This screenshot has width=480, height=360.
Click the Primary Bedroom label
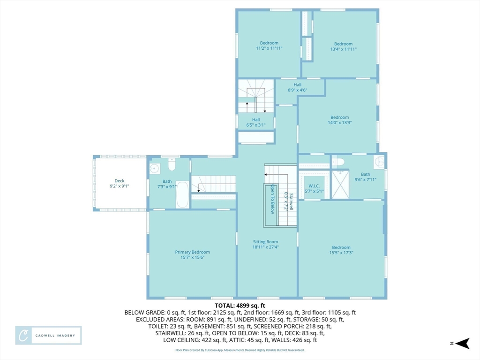tap(193, 252)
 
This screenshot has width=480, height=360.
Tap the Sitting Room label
tap(265, 242)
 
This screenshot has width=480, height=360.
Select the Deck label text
tap(120, 181)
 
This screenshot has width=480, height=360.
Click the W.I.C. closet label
tap(314, 186)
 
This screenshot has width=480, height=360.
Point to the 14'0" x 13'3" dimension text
tap(340, 123)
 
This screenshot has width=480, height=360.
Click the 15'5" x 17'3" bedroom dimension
tap(341, 253)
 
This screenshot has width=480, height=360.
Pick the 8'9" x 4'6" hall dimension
tap(298, 90)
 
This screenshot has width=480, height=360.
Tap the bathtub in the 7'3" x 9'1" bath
tap(182, 195)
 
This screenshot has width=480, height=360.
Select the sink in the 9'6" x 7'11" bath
tap(379, 161)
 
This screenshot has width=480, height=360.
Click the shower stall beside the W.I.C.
tap(340, 184)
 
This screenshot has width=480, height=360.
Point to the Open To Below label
tap(272, 199)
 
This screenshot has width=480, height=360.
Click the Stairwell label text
tap(291, 202)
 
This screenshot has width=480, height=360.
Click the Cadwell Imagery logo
tap(48, 336)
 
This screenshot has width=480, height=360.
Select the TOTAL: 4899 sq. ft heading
tap(240, 306)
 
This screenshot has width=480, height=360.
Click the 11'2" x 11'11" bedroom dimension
tap(269, 48)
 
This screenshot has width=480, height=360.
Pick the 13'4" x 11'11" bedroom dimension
tap(344, 49)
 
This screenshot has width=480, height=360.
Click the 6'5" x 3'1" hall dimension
tap(256, 125)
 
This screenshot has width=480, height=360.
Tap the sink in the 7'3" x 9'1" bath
tap(155, 168)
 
